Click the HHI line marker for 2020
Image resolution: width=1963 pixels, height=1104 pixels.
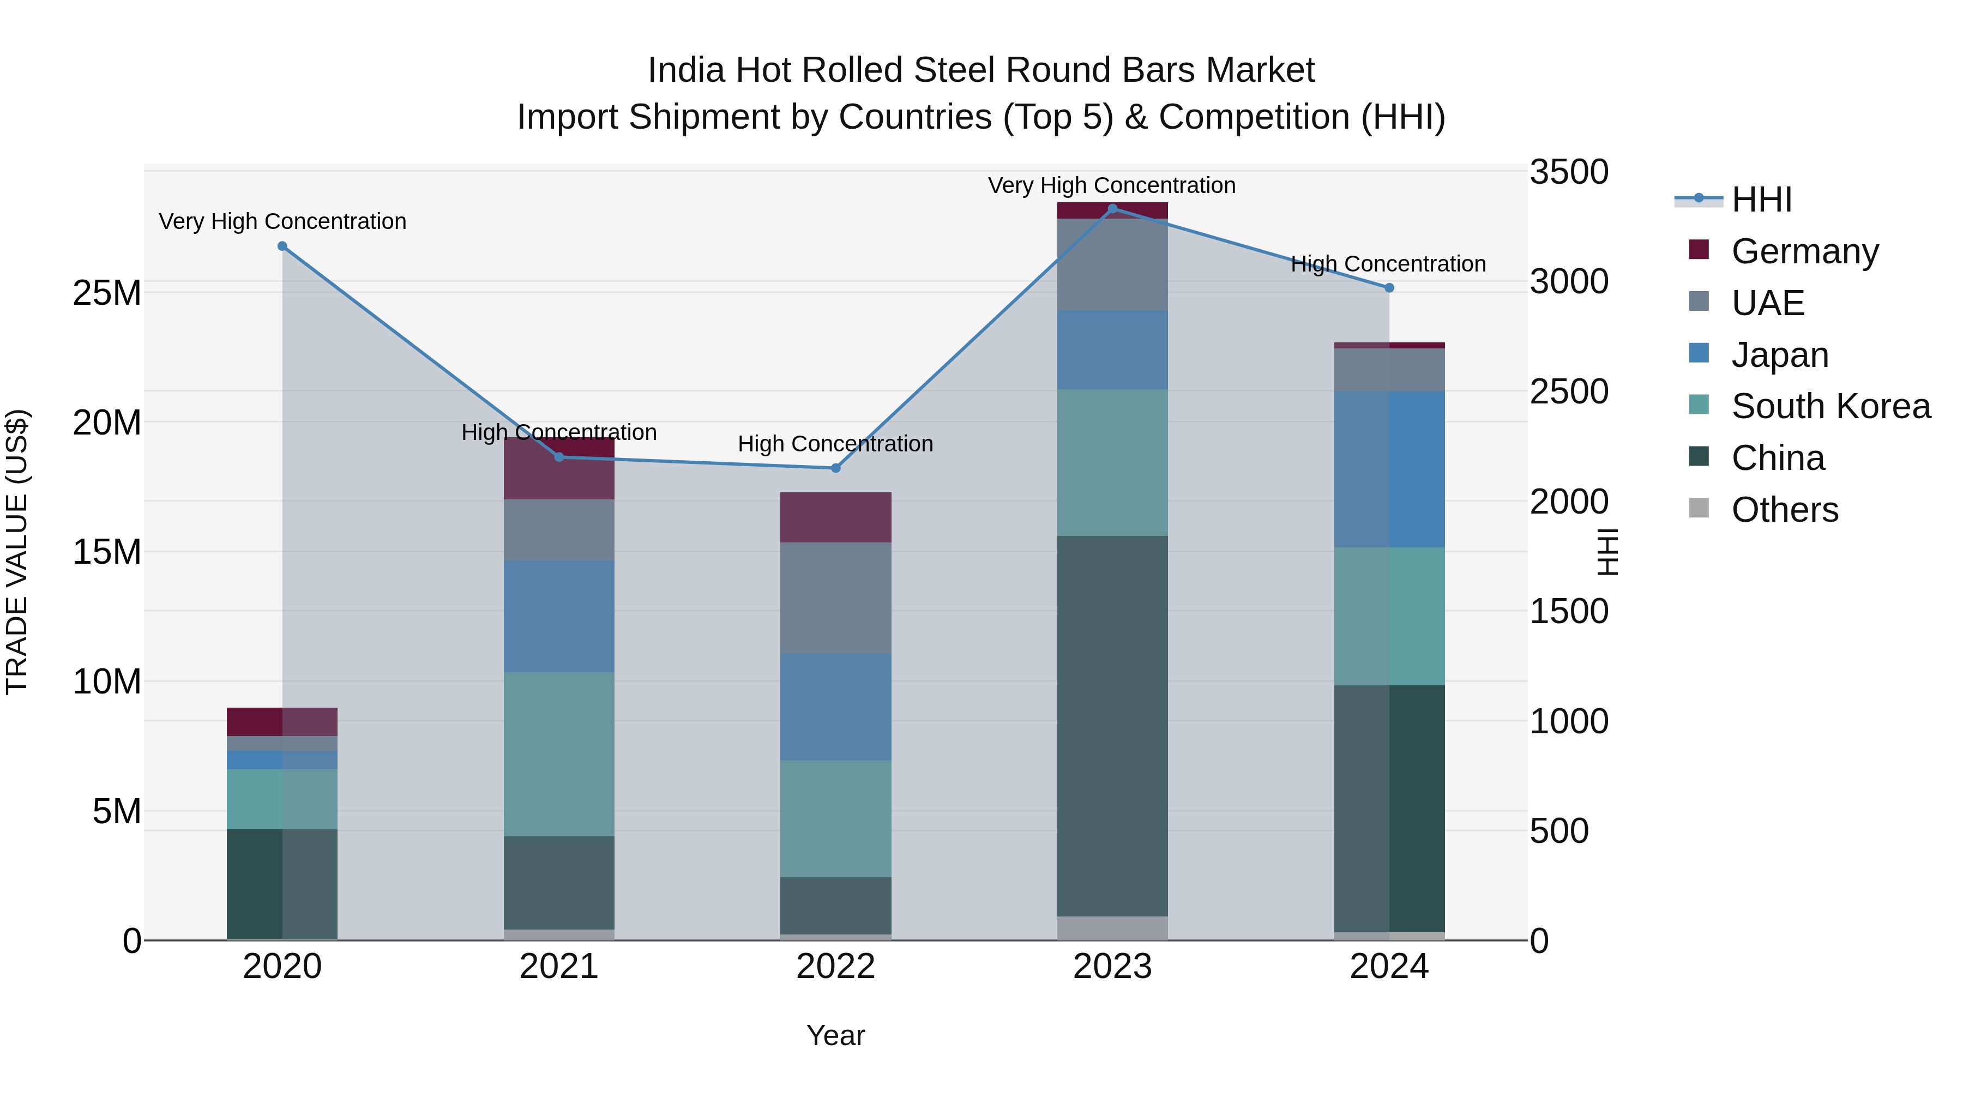pyautogui.click(x=282, y=246)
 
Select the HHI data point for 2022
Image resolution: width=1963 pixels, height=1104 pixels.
pyautogui.click(x=835, y=468)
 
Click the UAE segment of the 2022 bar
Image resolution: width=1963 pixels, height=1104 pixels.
pyautogui.click(x=835, y=598)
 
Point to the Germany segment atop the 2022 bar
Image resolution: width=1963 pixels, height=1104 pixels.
pyautogui.click(x=835, y=517)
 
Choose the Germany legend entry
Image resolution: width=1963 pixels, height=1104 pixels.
pyautogui.click(x=1804, y=251)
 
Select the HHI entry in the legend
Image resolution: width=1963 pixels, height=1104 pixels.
pyautogui.click(x=1761, y=200)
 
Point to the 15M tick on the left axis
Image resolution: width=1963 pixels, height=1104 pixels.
pyautogui.click(x=107, y=552)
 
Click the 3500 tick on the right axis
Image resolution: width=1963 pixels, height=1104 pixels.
pyautogui.click(x=1568, y=172)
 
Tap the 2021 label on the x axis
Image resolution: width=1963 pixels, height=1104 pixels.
pyautogui.click(x=558, y=967)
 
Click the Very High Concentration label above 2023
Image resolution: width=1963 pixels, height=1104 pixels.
pyautogui.click(x=1111, y=186)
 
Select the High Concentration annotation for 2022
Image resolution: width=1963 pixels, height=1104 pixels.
pyautogui.click(x=835, y=443)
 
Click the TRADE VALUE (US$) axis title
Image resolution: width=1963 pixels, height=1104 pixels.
pyautogui.click(x=17, y=552)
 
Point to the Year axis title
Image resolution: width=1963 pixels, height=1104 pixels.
pyautogui.click(x=835, y=1035)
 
